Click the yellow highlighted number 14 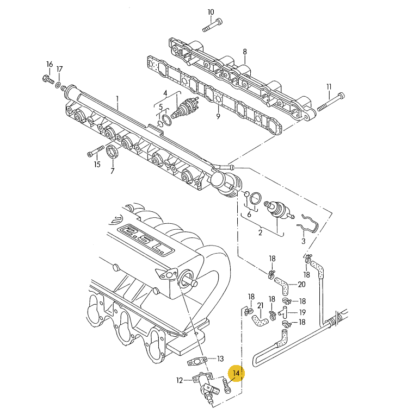(236, 373)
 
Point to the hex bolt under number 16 (46, 79)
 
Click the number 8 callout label (245, 52)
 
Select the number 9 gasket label (218, 116)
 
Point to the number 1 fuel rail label (117, 98)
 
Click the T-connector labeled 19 (283, 312)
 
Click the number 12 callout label (179, 380)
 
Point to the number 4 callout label (165, 93)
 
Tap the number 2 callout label (260, 232)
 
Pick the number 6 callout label (249, 214)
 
